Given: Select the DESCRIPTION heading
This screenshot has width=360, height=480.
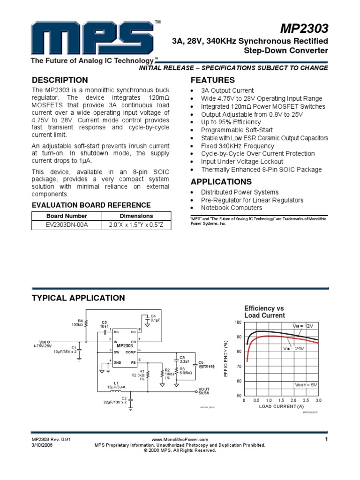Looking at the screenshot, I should (60, 80).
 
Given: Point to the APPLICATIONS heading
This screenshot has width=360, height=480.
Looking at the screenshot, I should (221, 182).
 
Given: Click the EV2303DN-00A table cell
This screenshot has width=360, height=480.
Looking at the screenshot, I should (67, 225).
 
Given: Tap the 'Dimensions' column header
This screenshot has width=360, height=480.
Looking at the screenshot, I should (136, 216).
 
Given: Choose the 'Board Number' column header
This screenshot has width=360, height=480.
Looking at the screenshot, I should (67, 216).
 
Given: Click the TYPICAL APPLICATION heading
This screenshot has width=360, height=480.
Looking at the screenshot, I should (78, 298).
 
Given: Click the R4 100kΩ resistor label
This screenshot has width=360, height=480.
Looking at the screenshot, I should (77, 322).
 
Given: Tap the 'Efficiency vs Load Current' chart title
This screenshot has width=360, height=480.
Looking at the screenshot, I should (264, 312).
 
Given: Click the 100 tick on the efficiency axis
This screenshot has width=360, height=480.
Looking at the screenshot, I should (238, 323).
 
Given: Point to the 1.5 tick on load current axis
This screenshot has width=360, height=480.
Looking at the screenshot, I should (281, 401).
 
